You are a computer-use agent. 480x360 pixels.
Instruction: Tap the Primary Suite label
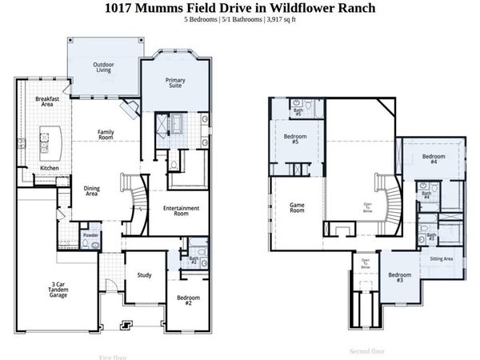[x=175, y=84]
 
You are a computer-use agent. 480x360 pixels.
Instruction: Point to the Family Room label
[x=106, y=135]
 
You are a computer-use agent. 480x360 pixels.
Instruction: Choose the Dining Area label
[x=92, y=190]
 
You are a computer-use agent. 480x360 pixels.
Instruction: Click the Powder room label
[x=90, y=235]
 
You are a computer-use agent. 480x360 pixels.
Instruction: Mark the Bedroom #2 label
[x=189, y=302]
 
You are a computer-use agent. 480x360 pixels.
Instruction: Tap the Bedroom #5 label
[x=290, y=138]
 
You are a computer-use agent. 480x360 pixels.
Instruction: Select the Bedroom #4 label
[x=434, y=158]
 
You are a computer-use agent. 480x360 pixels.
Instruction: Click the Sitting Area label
[x=442, y=259]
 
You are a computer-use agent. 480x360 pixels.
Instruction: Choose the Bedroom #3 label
[x=400, y=278]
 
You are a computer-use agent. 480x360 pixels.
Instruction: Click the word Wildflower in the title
[x=301, y=8]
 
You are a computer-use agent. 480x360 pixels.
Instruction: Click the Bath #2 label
[x=194, y=260]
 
